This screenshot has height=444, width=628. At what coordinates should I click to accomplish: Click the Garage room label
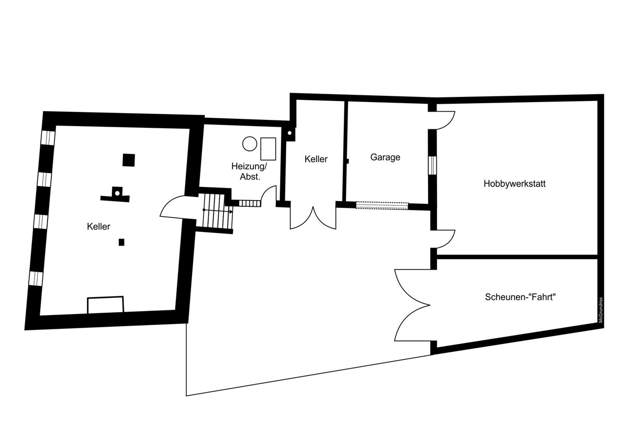click(x=385, y=157)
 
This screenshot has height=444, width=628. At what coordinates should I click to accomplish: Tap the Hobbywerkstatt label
click(x=514, y=184)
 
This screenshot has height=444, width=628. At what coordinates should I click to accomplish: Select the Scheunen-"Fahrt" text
click(x=520, y=297)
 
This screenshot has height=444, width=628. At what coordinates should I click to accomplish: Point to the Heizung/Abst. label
click(x=249, y=171)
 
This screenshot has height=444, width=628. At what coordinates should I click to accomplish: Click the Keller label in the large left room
click(x=98, y=226)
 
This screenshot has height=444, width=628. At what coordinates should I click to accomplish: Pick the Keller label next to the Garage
click(x=316, y=159)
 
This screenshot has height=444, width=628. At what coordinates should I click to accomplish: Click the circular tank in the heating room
click(x=250, y=143)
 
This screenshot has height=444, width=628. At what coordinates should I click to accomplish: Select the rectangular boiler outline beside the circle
click(x=268, y=149)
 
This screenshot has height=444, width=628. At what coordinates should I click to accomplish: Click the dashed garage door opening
click(x=382, y=206)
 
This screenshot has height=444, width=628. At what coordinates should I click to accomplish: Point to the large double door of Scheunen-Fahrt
click(x=412, y=305)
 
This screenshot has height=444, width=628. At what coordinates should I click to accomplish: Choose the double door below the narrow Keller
click(x=313, y=218)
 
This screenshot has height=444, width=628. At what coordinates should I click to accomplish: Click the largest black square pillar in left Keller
click(x=129, y=160)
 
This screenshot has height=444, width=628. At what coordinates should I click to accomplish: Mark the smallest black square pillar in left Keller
click(x=121, y=242)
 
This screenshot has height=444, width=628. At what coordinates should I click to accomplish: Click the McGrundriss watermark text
click(x=601, y=310)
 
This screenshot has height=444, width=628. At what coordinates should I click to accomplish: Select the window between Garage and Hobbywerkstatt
click(x=433, y=165)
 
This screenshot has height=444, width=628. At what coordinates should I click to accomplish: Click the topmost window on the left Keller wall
click(x=48, y=138)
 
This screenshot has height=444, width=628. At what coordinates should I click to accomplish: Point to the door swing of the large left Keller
click(x=178, y=207)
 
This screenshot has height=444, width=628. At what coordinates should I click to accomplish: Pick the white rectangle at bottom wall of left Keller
click(x=105, y=305)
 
